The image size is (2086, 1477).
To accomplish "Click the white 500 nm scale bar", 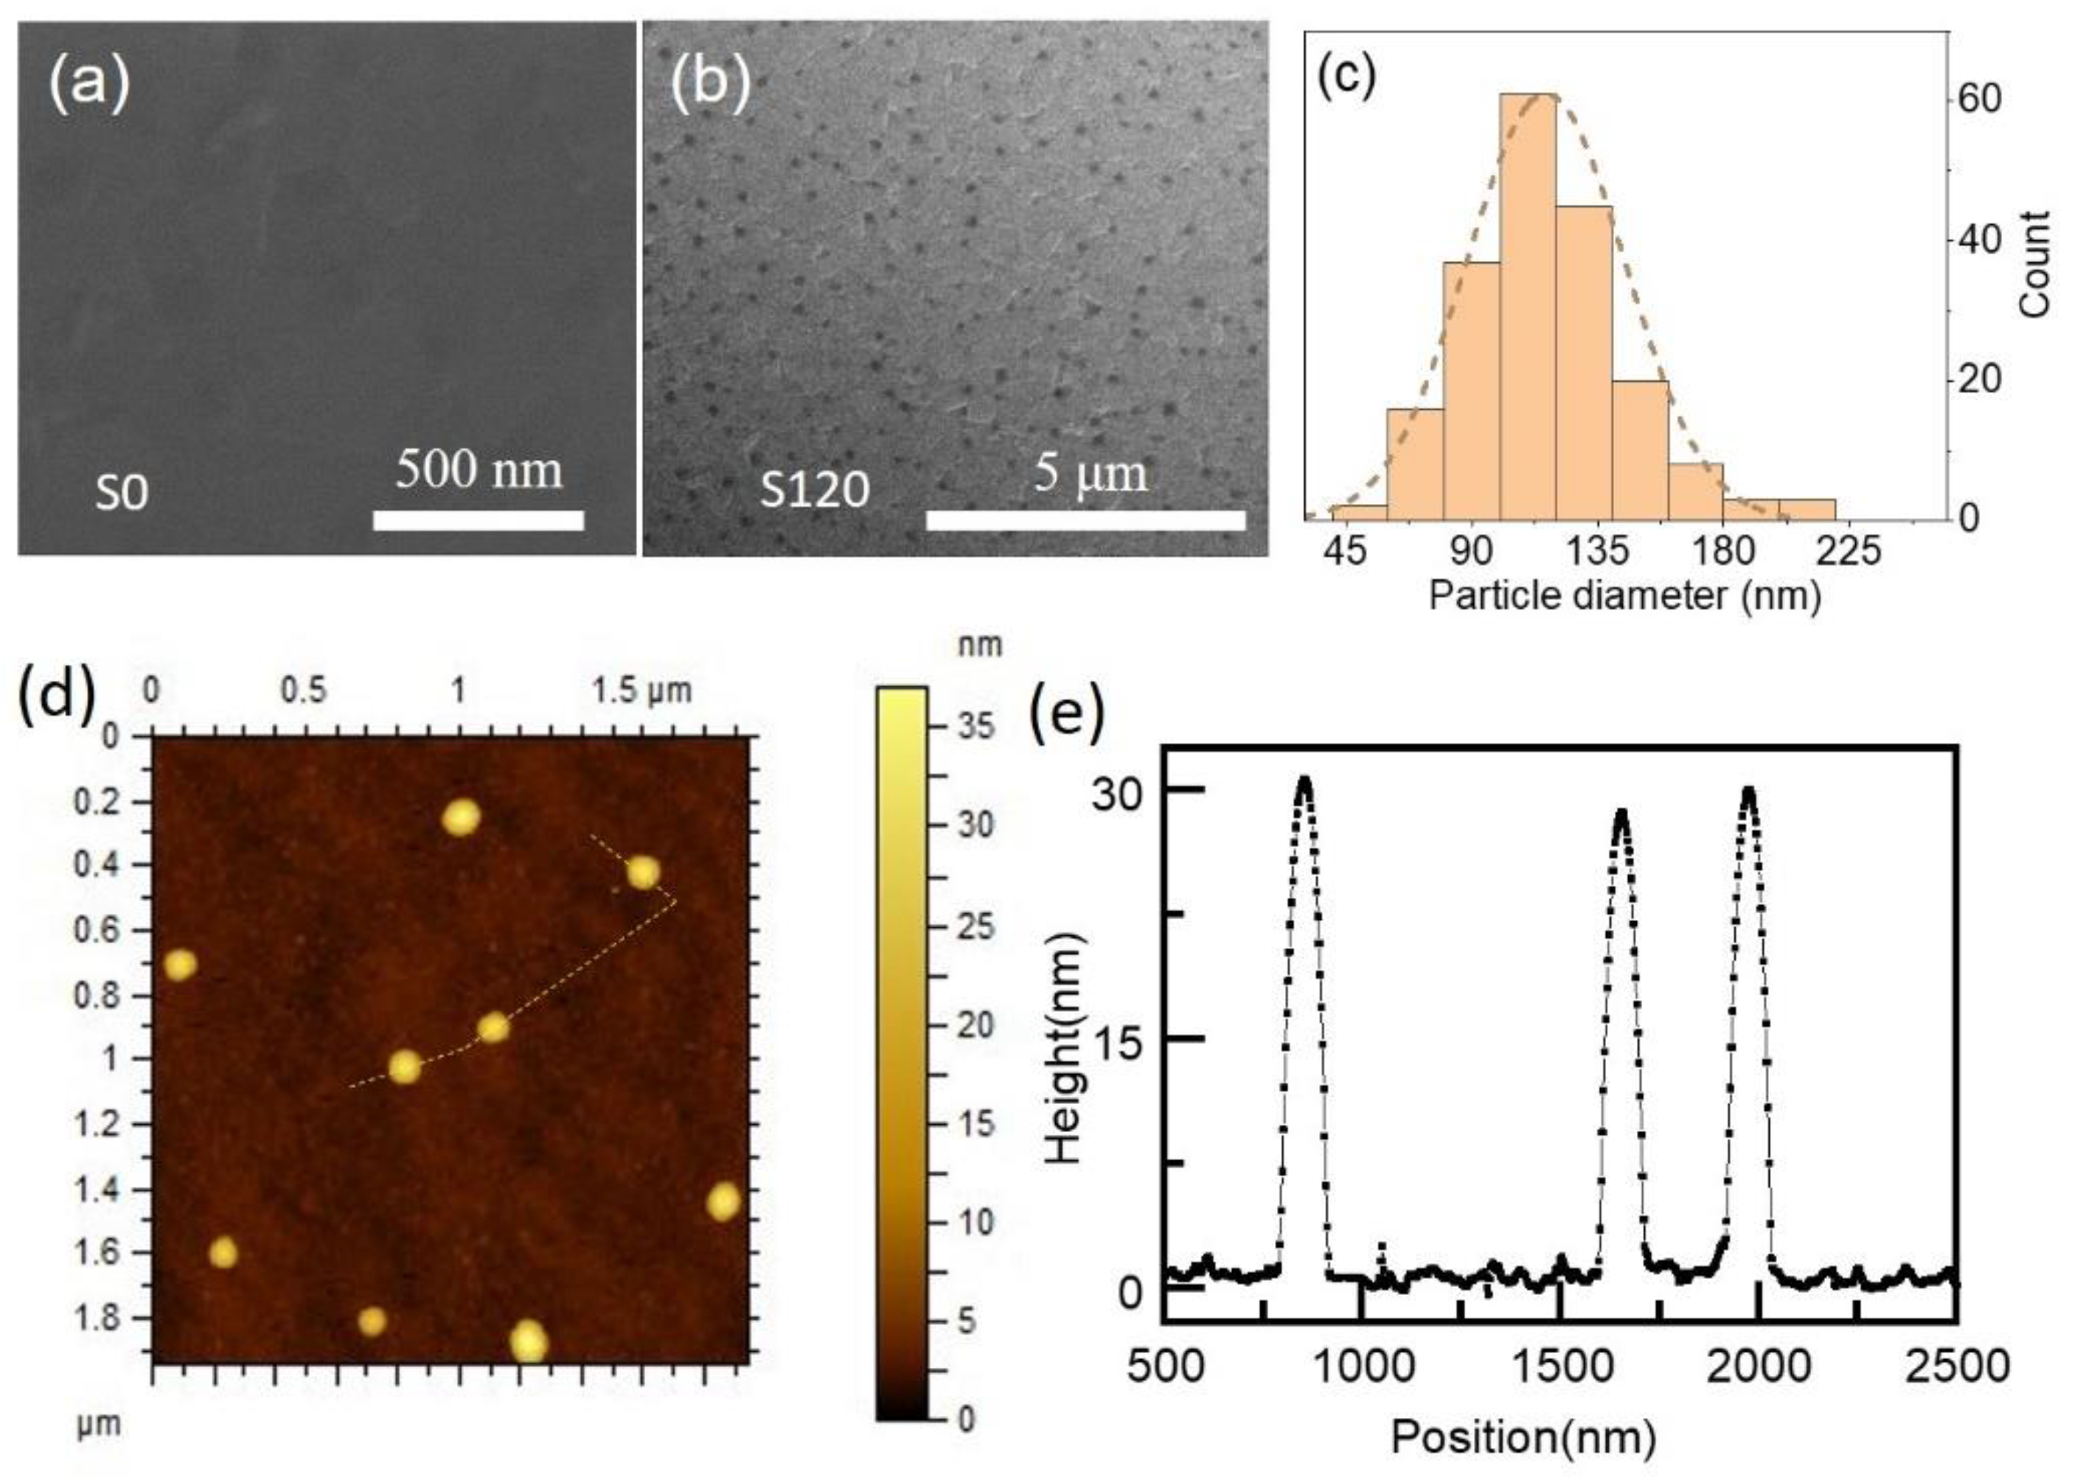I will pos(478,520).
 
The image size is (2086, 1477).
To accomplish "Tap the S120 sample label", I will pos(815,490).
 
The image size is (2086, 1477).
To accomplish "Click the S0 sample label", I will pos(122,495).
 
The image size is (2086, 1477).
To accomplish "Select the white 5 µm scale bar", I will pos(1085,520).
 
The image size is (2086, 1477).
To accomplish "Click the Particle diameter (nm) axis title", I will pos(1624,596).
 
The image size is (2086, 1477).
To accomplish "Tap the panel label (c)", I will pos(1346,75).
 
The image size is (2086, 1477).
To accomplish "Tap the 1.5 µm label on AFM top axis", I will pos(642,691).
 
